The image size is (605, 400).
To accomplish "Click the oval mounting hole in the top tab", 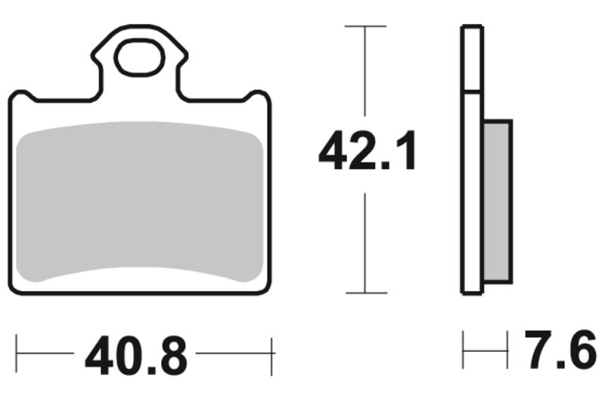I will coord(138,60).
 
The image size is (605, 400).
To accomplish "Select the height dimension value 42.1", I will coord(367,151).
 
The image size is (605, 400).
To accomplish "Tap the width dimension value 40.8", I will coord(135,353).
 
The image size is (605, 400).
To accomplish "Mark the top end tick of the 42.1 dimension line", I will coord(365,26).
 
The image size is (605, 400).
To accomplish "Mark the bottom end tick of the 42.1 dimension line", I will coord(365,293).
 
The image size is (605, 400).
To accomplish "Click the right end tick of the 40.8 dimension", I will coord(271,352).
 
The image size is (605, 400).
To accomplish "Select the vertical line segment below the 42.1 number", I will coord(365,242).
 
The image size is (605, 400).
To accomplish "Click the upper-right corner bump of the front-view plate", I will coord(259,97).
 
